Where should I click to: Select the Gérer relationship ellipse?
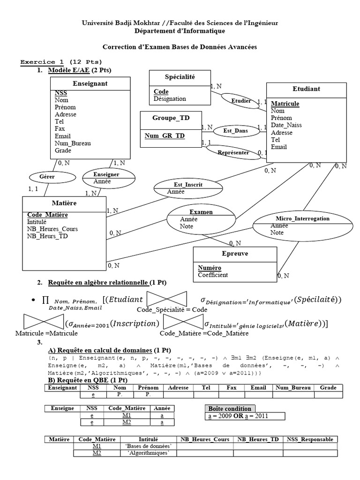[x=46, y=177]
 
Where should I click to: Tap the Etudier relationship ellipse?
[x=241, y=100]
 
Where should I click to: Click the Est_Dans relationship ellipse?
[x=235, y=131]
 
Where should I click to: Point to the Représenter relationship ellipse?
[x=233, y=152]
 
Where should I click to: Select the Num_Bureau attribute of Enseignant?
[x=73, y=143]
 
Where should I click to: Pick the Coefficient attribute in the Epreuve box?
[x=213, y=275]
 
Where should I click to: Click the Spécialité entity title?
[x=180, y=76]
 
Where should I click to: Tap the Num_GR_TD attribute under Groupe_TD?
[x=164, y=135]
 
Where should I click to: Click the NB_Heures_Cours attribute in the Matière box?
[x=52, y=229]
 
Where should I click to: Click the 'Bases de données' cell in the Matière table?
[x=149, y=446]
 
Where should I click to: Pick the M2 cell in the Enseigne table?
[x=127, y=422]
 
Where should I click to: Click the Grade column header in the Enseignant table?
[x=328, y=388]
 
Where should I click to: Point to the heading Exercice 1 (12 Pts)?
[x=61, y=62]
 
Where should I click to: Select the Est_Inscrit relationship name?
[x=188, y=185]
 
